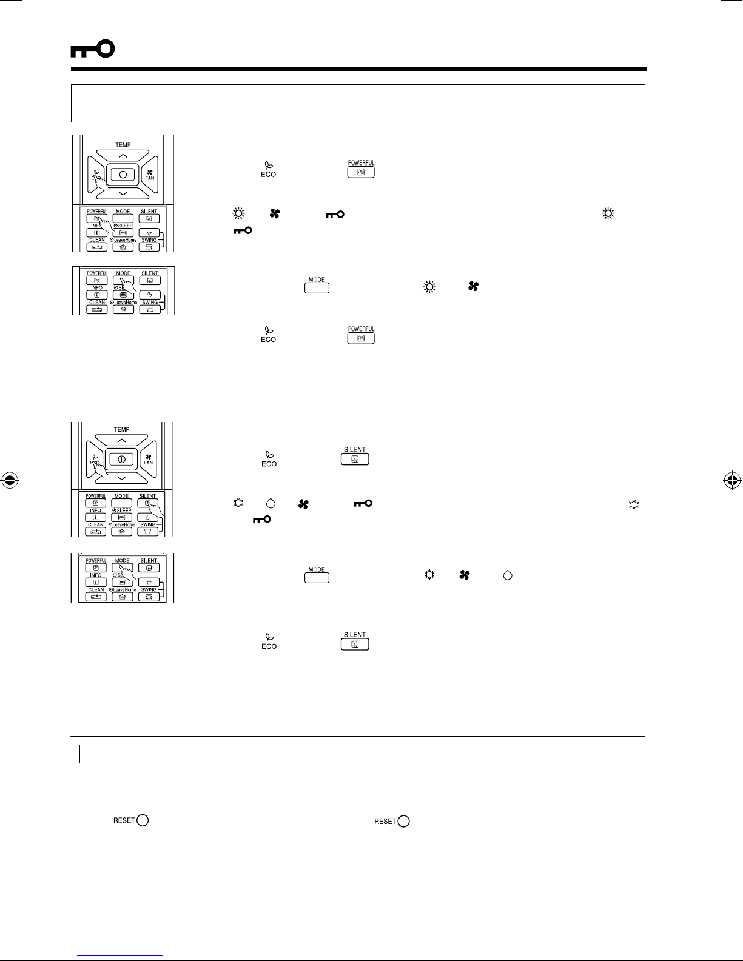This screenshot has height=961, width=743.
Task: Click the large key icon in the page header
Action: pyautogui.click(x=92, y=50)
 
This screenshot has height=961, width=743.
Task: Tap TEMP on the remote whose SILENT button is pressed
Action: pyautogui.click(x=122, y=430)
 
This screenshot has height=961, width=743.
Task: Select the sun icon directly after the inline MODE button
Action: pyautogui.click(x=429, y=287)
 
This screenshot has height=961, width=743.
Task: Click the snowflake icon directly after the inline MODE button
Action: pyautogui.click(x=429, y=575)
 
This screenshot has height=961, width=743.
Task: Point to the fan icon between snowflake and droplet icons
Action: pyautogui.click(x=465, y=575)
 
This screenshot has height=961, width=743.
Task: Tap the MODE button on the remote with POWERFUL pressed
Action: pyautogui.click(x=123, y=218)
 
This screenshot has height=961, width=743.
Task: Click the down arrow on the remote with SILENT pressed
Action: pyautogui.click(x=122, y=478)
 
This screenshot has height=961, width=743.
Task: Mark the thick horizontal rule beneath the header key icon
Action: pyautogui.click(x=358, y=69)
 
